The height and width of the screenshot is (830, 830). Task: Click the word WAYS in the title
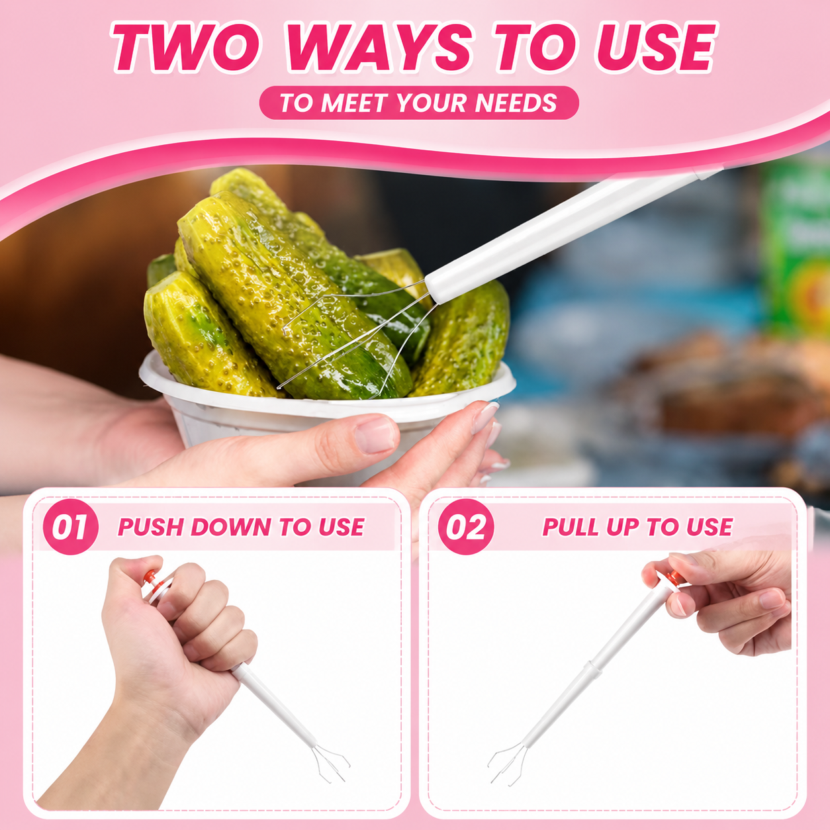379,47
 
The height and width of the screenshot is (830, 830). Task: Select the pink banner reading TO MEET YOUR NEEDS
419,103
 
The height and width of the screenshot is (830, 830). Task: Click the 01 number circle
70,526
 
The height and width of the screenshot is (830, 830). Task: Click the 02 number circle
465,526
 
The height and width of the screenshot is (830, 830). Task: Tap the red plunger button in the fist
152,576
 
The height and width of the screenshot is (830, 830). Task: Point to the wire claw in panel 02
508,764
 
